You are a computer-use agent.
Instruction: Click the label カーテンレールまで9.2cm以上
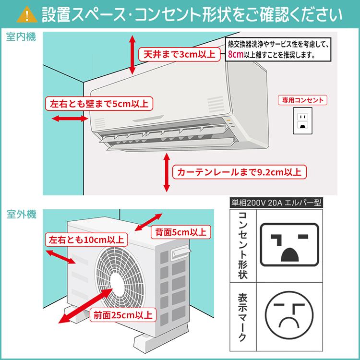pos(240,171)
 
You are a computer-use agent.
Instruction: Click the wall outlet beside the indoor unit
pos(302,120)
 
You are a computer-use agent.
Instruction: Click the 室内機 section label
pos(21,37)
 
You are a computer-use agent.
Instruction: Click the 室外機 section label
pos(21,215)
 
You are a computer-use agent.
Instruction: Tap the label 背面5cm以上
pos(180,232)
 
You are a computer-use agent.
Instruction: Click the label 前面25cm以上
pos(122,315)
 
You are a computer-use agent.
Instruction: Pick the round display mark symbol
pos(288,316)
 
